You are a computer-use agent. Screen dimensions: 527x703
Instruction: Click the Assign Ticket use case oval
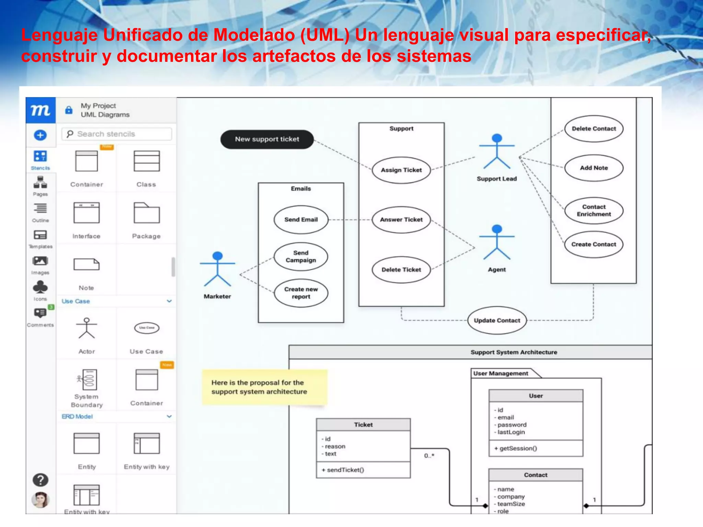[401, 170]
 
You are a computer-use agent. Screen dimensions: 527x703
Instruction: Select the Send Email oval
[301, 220]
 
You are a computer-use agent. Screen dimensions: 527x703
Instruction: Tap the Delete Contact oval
[593, 129]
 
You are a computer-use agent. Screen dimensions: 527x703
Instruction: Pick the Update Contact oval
[497, 320]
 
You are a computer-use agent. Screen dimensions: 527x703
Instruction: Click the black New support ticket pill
[267, 139]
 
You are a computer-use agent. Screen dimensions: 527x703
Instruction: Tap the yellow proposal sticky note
[264, 387]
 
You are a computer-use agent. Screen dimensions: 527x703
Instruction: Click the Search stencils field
[117, 134]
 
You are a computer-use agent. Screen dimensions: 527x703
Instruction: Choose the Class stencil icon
[147, 161]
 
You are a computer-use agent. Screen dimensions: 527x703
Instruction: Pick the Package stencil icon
[147, 213]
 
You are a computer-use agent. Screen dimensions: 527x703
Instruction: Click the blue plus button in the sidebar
[40, 135]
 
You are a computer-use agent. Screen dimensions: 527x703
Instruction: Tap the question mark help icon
[40, 480]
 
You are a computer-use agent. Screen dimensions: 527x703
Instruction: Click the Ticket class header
[363, 425]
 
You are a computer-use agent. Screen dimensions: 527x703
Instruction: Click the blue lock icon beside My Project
[69, 110]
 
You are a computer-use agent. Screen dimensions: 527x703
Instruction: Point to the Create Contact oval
[593, 244]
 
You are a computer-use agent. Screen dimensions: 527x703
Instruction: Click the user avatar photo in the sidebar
[40, 500]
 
